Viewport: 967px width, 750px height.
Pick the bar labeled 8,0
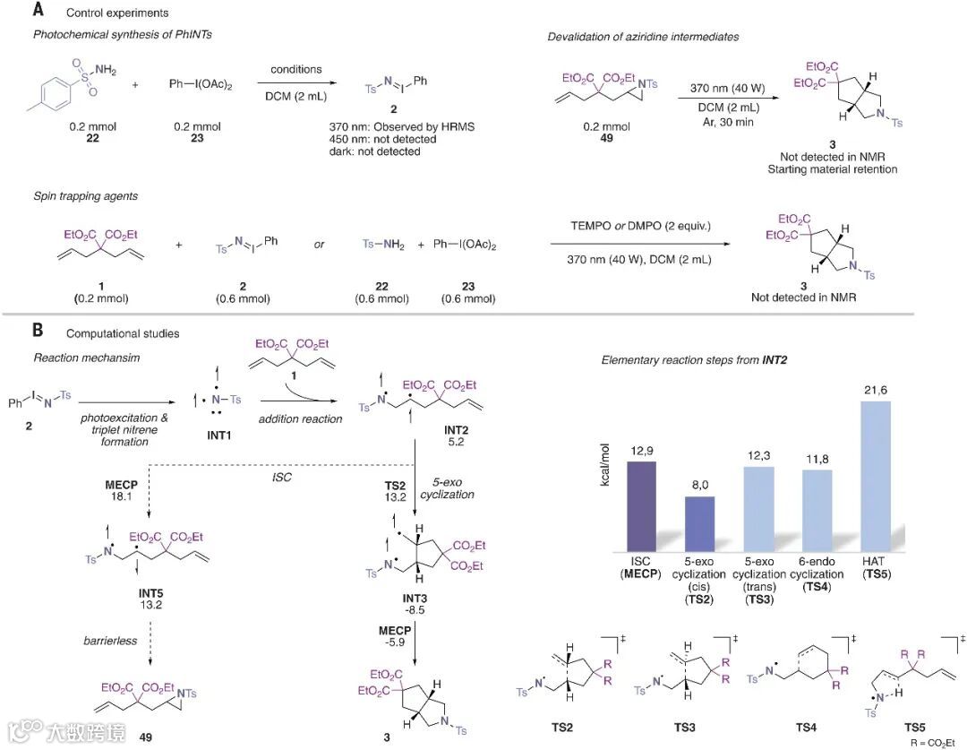tap(700, 523)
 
